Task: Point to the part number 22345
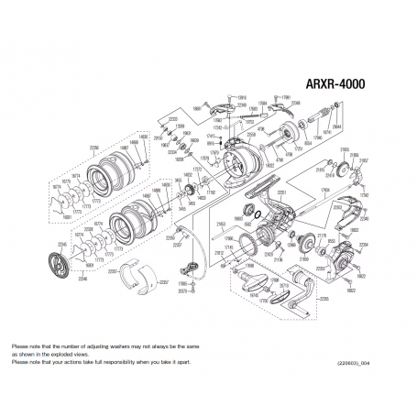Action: (62, 244)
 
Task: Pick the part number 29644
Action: (336, 128)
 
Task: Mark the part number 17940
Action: (320, 137)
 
